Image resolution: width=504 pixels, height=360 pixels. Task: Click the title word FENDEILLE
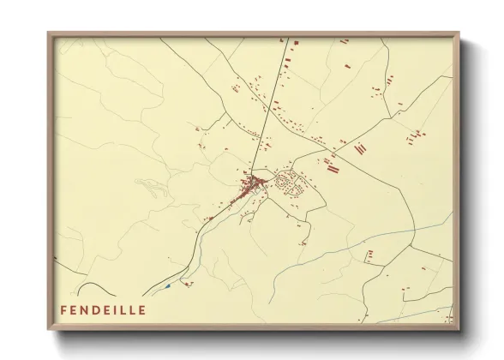[103, 309]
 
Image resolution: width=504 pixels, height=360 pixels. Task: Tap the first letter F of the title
[63, 309]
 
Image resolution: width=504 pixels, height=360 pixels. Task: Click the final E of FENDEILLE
[142, 309]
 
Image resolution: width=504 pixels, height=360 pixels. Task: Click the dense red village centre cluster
[252, 184]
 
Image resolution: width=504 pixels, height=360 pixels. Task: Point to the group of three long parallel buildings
[333, 168]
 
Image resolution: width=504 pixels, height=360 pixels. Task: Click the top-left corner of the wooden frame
[49, 34]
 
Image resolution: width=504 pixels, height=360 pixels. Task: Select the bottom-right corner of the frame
[459, 329]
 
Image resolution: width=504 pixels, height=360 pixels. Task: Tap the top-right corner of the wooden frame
[459, 34]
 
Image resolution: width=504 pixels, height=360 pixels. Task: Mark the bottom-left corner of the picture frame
[49, 329]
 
